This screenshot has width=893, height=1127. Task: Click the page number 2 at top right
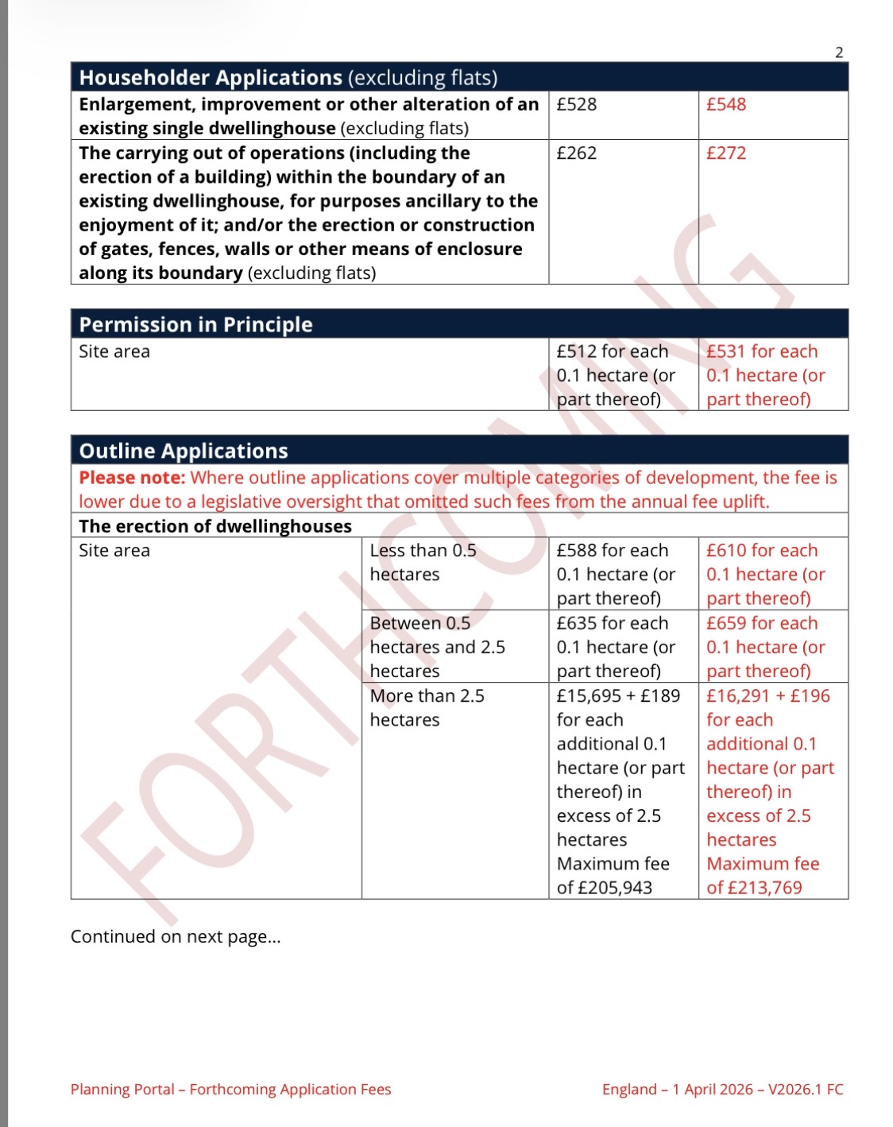click(839, 52)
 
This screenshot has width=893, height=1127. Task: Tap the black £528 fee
click(576, 104)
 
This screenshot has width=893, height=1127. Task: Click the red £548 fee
click(726, 104)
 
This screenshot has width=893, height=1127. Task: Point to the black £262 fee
click(576, 153)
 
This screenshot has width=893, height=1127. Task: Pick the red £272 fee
click(726, 153)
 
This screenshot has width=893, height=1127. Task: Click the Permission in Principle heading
click(195, 324)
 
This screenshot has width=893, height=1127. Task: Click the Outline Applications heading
click(184, 451)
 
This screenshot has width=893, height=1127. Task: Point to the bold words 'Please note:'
click(132, 478)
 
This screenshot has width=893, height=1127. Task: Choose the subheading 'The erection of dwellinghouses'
click(215, 526)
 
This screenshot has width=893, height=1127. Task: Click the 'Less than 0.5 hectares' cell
click(423, 562)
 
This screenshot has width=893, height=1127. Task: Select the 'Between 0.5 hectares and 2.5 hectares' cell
click(437, 647)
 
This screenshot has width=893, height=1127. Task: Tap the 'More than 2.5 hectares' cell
click(427, 707)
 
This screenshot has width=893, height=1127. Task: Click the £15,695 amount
click(589, 696)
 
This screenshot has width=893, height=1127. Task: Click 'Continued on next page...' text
click(176, 936)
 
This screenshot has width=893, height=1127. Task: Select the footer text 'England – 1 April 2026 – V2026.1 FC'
click(722, 1089)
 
